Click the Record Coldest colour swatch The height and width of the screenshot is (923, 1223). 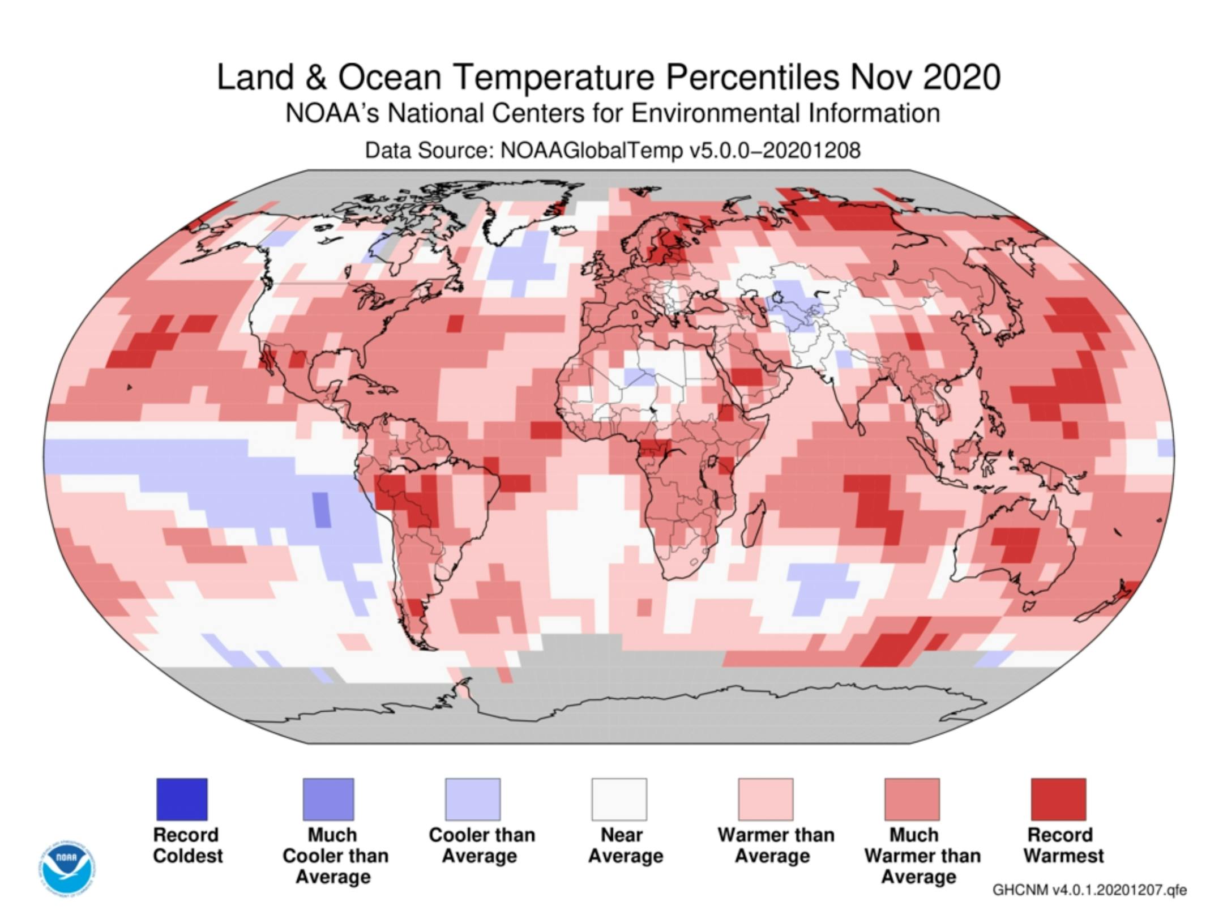click(x=182, y=799)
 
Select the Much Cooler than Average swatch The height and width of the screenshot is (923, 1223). click(x=328, y=799)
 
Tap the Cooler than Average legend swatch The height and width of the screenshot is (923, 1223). click(x=472, y=799)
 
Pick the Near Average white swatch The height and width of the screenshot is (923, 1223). click(x=619, y=799)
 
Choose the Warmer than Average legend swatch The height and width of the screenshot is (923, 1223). click(x=766, y=799)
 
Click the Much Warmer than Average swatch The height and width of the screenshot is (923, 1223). click(x=912, y=799)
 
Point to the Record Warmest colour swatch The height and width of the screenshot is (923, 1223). click(x=1058, y=799)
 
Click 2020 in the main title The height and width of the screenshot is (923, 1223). click(x=961, y=77)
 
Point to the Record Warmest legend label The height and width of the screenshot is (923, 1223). click(x=1063, y=845)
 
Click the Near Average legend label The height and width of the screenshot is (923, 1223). click(x=625, y=845)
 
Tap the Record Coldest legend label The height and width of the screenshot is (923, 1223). click(x=187, y=845)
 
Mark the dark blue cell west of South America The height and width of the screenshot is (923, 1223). click(x=322, y=510)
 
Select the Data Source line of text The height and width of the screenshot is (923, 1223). click(x=612, y=150)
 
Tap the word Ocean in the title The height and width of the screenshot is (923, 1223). click(x=390, y=77)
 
